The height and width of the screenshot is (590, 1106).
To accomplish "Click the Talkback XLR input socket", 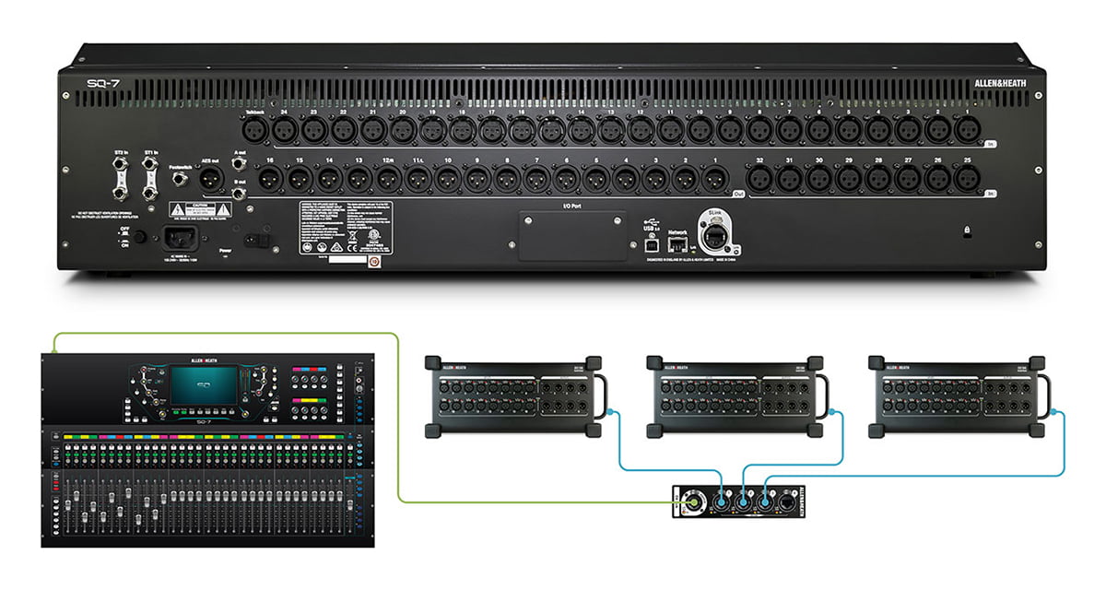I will (253, 128).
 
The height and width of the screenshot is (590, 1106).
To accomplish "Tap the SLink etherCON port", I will (713, 239).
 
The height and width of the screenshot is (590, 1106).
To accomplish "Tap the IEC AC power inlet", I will (181, 238).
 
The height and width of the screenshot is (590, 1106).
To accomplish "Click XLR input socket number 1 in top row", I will (966, 128).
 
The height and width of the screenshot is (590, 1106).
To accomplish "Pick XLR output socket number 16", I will (269, 177).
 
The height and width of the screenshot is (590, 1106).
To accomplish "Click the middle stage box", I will (733, 395).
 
